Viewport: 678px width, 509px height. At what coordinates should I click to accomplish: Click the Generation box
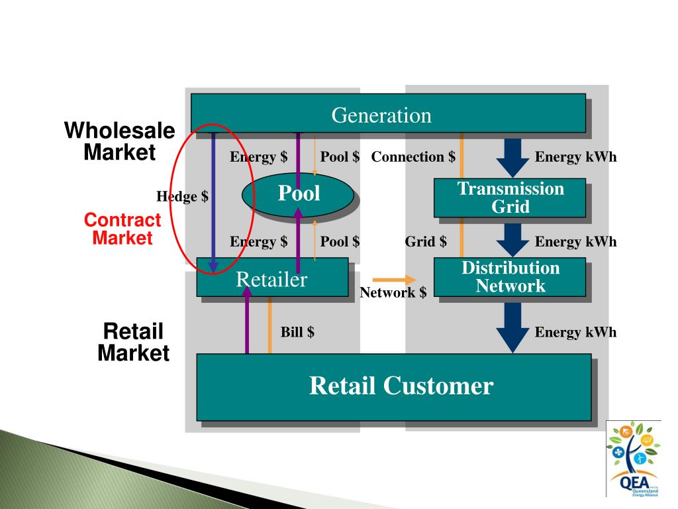point(388,113)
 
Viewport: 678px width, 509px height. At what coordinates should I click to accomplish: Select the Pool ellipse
point(298,194)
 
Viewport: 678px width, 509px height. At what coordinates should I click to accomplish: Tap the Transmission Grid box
point(510,198)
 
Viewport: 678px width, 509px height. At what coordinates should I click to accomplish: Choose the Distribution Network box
point(510,277)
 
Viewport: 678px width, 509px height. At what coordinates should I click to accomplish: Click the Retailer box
point(272,279)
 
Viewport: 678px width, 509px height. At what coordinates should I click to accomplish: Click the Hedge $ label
point(182,197)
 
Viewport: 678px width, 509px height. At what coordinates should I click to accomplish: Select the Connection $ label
point(413,157)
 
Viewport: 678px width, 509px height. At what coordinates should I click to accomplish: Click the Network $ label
point(393,292)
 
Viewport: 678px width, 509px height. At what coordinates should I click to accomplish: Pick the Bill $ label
point(297,332)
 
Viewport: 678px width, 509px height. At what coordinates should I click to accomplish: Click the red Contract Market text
point(122,229)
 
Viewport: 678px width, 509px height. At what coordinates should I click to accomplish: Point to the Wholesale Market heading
point(119,141)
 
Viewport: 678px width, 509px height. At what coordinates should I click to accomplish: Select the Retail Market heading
point(133,342)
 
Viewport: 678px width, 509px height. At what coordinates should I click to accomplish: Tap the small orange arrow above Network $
point(395,279)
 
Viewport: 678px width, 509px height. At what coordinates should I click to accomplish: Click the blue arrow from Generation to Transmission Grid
point(512,156)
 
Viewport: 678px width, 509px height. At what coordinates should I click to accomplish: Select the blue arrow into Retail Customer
point(512,326)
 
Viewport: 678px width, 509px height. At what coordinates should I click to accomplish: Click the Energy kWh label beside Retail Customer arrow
point(575,332)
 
